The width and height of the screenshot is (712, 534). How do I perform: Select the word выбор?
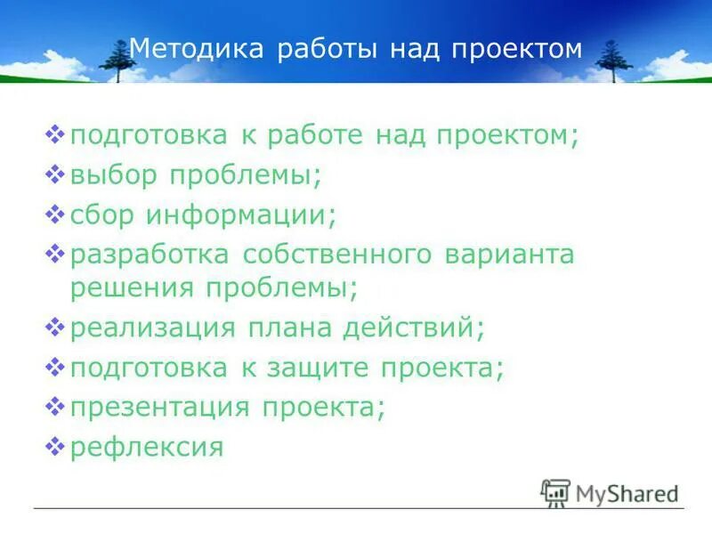tap(113, 175)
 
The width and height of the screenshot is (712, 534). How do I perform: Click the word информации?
tap(241, 214)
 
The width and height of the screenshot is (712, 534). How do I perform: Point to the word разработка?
tap(149, 254)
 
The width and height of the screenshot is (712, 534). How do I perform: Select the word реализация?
tap(152, 328)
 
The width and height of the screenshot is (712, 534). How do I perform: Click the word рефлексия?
tap(146, 446)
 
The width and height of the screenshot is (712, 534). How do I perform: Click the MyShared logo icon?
tap(555, 492)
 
